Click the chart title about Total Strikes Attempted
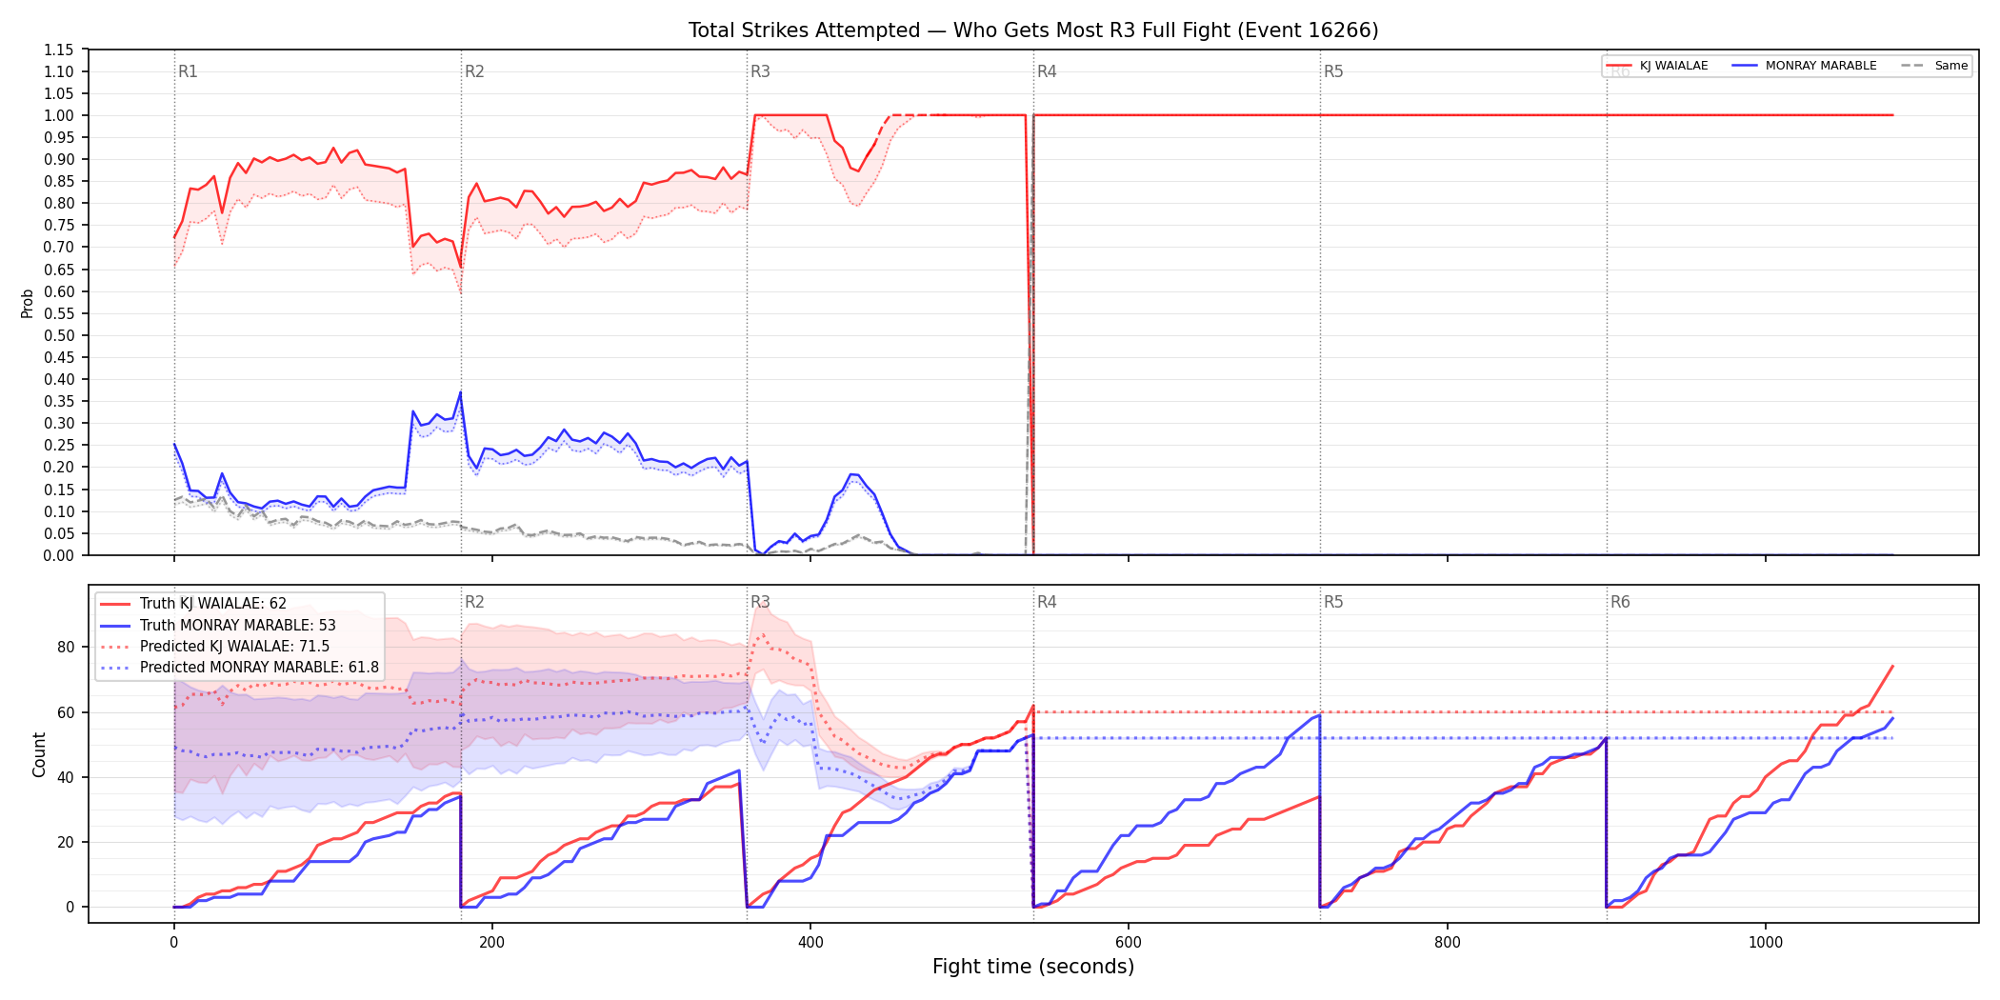[x=1033, y=30]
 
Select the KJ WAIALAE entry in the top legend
[x=1657, y=66]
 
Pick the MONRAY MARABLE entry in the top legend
[x=1805, y=66]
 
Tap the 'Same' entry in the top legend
[x=1934, y=66]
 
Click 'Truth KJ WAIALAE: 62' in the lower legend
[x=213, y=604]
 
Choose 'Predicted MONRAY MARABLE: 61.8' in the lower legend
[x=259, y=668]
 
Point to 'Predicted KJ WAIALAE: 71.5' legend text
[x=235, y=647]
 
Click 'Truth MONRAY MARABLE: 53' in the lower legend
[x=238, y=626]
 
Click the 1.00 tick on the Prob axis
[x=59, y=115]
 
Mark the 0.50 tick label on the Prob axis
[x=59, y=335]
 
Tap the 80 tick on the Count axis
[x=66, y=647]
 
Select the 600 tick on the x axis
[x=1129, y=942]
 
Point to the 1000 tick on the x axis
[x=1766, y=942]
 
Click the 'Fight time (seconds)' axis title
[x=1033, y=967]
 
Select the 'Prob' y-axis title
[x=28, y=303]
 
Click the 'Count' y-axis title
[x=39, y=754]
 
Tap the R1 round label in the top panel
[x=188, y=71]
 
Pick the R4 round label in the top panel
[x=1047, y=71]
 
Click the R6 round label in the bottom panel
[x=1620, y=602]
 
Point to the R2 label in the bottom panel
[x=474, y=602]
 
